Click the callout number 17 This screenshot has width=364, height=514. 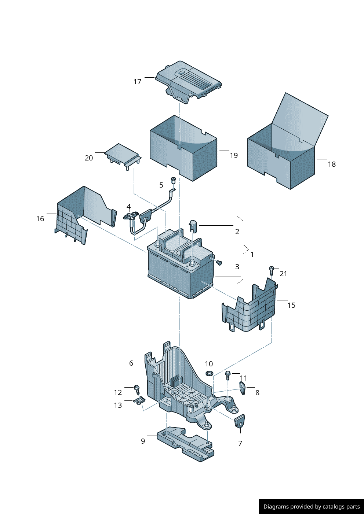coord(137,82)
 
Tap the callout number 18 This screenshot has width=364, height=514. coord(332,164)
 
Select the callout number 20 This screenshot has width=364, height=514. coord(89,158)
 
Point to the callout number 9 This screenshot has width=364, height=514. coord(143,441)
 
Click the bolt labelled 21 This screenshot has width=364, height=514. coord(272,270)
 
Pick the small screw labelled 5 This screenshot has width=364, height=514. coord(174,180)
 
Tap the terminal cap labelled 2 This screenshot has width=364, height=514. coord(193,226)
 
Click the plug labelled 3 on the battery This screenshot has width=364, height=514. coord(219,262)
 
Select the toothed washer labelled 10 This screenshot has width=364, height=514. coord(209,373)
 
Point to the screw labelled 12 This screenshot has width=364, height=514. coord(137,389)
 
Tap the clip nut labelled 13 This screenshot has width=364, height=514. coord(139,400)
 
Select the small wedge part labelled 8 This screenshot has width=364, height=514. coord(243,388)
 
